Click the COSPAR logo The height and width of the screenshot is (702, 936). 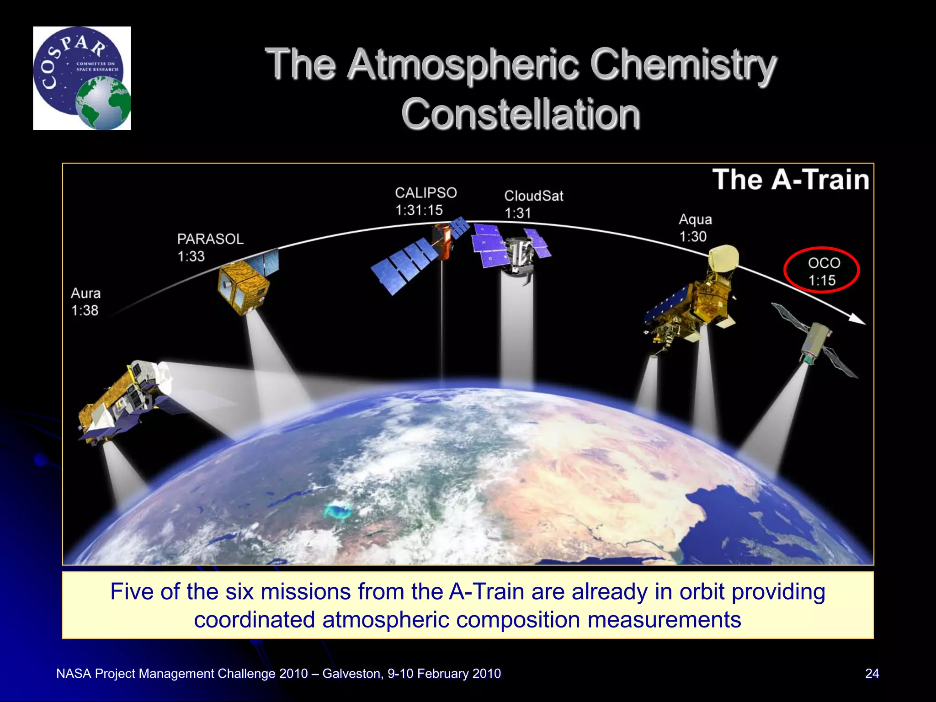pyautogui.click(x=81, y=78)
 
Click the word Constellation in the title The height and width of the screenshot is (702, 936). pyautogui.click(x=520, y=114)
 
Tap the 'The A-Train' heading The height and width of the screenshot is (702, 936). pyautogui.click(x=790, y=179)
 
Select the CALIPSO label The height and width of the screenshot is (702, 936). pyautogui.click(x=425, y=193)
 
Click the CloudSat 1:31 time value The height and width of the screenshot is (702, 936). pyautogui.click(x=517, y=213)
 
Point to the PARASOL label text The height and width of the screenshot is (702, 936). pyautogui.click(x=210, y=239)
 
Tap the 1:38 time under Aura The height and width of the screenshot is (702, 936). pyautogui.click(x=85, y=310)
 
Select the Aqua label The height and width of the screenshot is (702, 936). pyautogui.click(x=695, y=219)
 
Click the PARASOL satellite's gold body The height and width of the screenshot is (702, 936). pyautogui.click(x=242, y=288)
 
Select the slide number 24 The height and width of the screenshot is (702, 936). pyautogui.click(x=872, y=674)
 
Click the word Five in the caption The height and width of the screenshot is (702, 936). pyautogui.click(x=132, y=591)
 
